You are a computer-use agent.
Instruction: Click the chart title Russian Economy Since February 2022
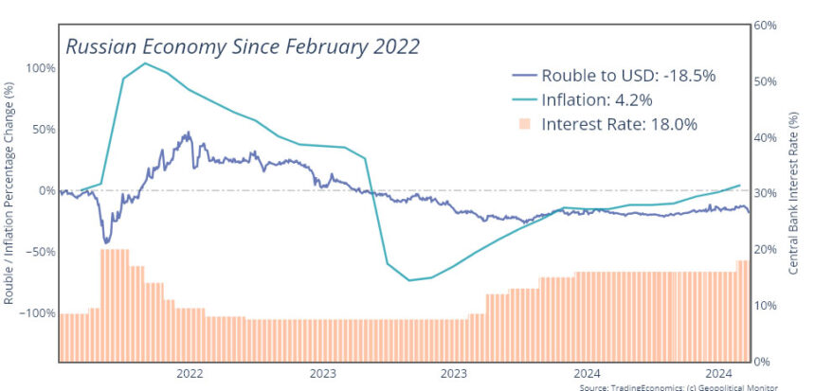point(242,45)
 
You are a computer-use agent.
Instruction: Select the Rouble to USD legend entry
point(607,75)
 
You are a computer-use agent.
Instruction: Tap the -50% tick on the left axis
point(38,252)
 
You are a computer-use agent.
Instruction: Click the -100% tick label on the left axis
point(35,313)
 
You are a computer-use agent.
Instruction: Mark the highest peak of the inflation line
point(145,63)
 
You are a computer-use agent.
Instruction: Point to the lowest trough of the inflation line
point(408,280)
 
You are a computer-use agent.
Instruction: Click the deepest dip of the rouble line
point(105,242)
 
